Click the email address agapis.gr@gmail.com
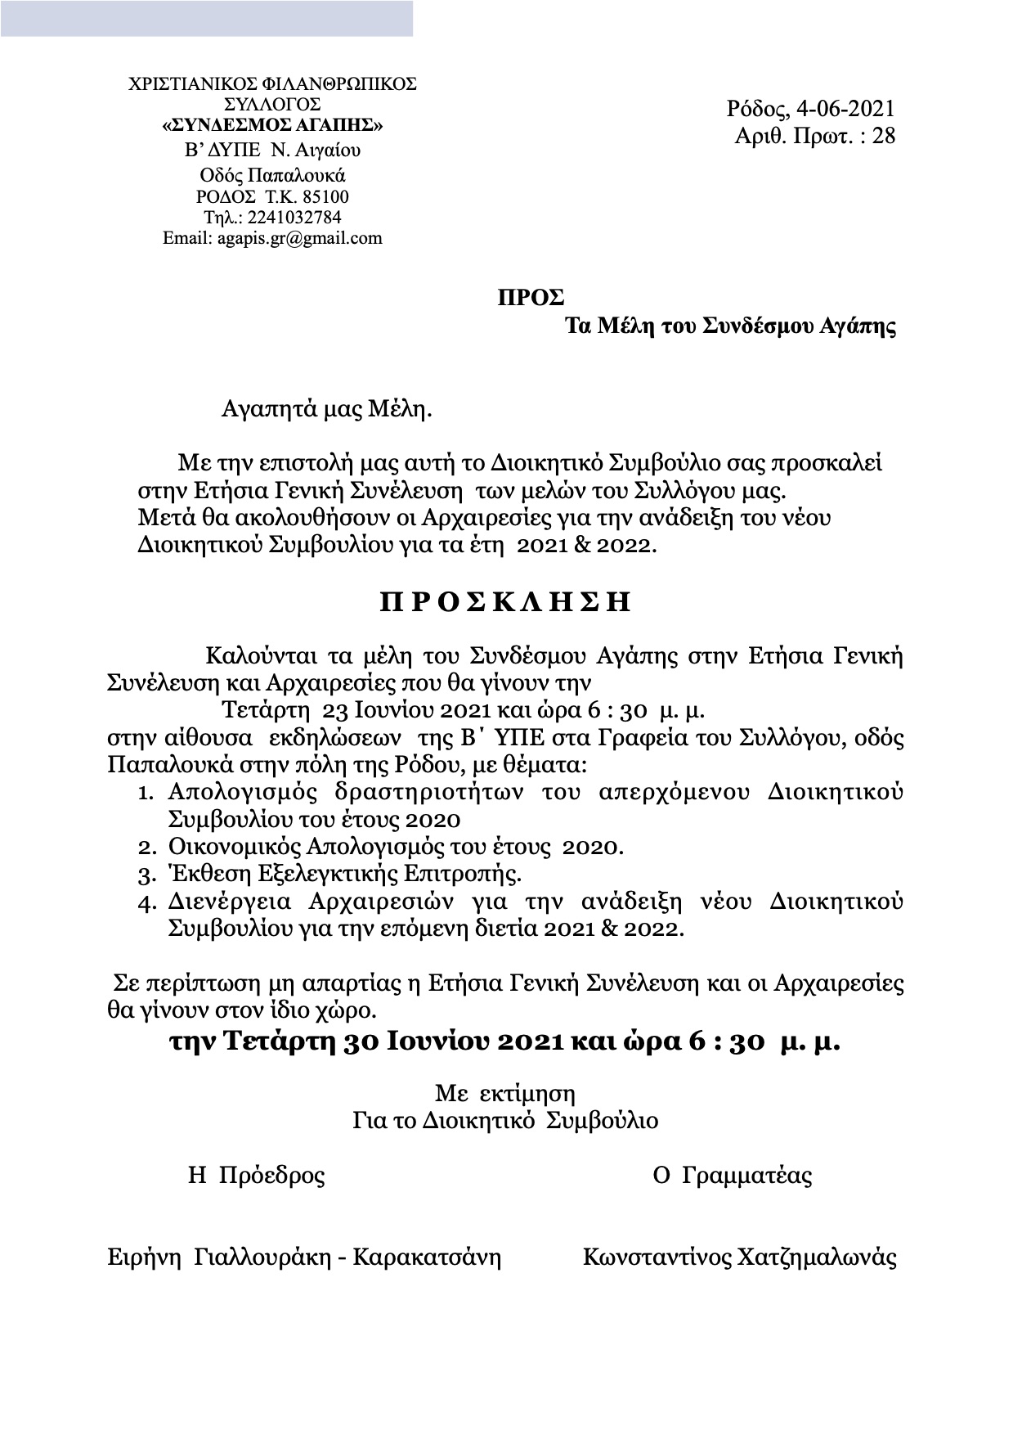click(x=299, y=238)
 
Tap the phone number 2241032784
click(x=287, y=218)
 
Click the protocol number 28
click(x=884, y=136)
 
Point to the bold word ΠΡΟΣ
click(x=531, y=298)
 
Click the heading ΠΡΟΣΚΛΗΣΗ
click(x=506, y=602)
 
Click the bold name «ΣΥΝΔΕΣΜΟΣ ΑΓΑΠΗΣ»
click(x=272, y=125)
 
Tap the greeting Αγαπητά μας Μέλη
click(x=326, y=409)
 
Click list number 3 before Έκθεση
click(x=145, y=875)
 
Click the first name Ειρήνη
click(x=144, y=1257)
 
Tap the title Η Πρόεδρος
click(x=257, y=1176)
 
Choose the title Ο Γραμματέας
click(x=733, y=1176)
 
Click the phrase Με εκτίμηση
click(x=505, y=1094)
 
